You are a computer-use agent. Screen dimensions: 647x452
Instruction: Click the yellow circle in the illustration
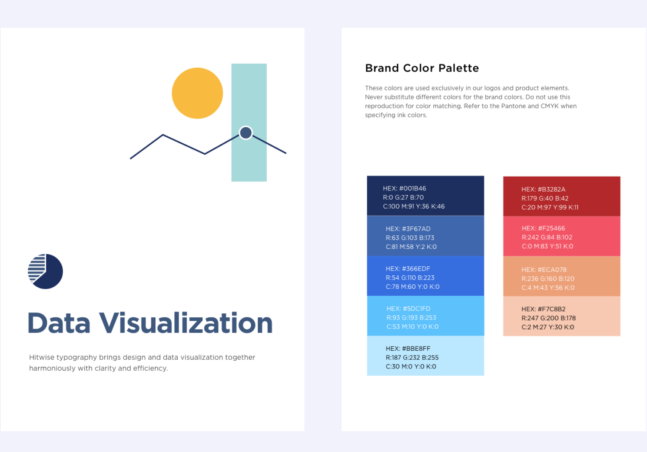point(197,93)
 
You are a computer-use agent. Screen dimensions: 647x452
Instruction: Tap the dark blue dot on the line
point(246,133)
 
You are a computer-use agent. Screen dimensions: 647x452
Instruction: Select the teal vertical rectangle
point(249,123)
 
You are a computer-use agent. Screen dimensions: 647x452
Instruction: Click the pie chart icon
point(45,271)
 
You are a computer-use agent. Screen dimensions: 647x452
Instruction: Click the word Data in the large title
point(59,323)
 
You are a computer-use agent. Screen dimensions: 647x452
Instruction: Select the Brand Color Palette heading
point(422,68)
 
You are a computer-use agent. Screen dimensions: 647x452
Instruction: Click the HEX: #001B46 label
point(404,189)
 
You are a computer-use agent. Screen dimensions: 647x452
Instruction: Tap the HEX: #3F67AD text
point(408,229)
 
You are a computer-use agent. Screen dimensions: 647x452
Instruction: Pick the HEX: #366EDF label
point(408,269)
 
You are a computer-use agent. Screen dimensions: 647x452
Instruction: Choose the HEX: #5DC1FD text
point(408,309)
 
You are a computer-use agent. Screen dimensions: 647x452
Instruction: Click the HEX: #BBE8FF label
point(408,349)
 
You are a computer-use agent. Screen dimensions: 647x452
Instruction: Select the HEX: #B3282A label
point(543,190)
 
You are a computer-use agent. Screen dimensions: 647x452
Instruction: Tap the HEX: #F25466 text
point(543,228)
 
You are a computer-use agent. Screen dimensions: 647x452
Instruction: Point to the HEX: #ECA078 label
point(544,270)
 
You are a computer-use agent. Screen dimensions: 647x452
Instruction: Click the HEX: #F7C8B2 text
point(543,309)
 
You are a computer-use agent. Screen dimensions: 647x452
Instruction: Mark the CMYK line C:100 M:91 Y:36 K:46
point(413,207)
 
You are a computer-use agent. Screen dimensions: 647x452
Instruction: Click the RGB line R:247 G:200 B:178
point(548,318)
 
